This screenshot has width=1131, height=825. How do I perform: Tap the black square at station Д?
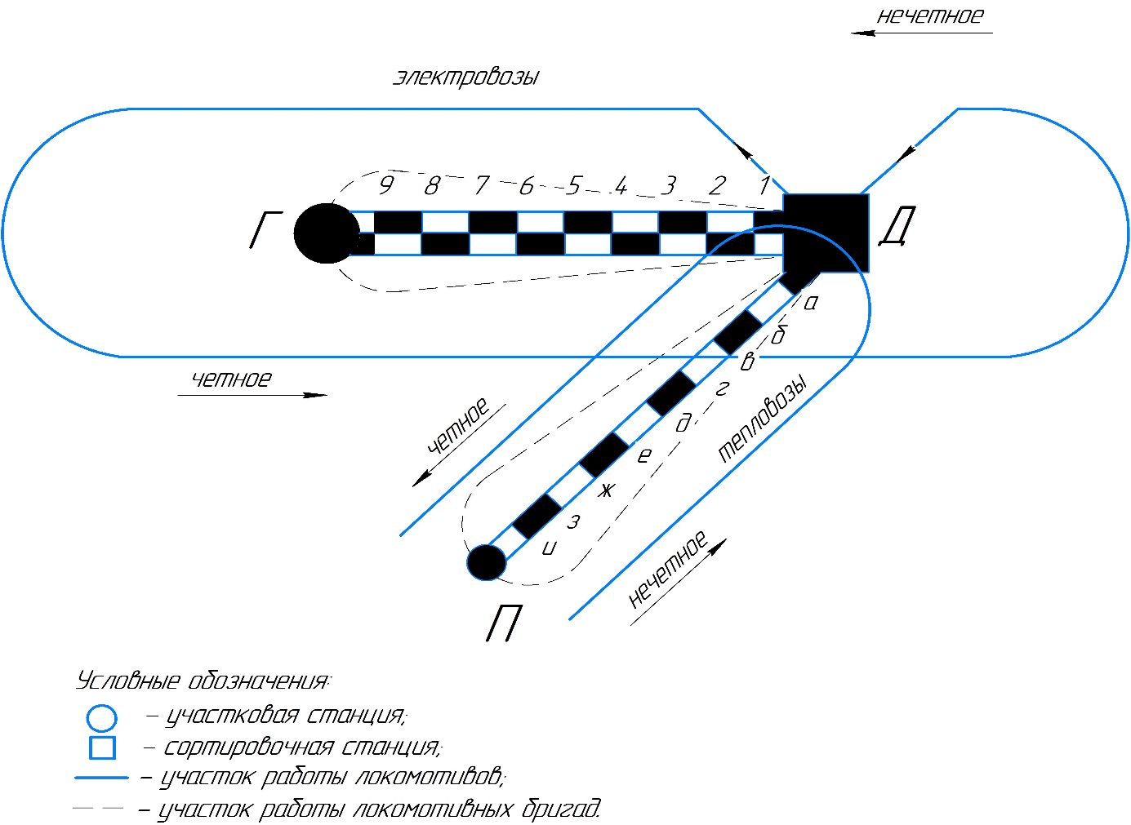point(826,233)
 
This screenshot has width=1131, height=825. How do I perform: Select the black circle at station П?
point(487,562)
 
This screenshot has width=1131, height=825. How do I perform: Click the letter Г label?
point(265,230)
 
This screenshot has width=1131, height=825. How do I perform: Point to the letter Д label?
point(897,228)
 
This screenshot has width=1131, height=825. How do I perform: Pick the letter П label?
point(504,625)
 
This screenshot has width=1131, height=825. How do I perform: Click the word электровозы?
point(466,78)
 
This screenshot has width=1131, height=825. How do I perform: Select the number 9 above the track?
point(386,184)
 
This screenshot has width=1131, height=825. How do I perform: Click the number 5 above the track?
point(574,186)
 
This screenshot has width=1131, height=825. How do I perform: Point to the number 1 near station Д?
point(764,185)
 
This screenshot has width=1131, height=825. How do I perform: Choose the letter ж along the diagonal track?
point(605,490)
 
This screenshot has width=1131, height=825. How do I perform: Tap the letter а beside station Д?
point(811,303)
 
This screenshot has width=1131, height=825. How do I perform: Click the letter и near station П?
point(549,548)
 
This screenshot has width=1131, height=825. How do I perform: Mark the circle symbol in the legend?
point(102,718)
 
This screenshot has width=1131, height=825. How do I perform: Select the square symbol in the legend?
point(102,747)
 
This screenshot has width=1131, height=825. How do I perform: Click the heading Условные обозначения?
point(203,681)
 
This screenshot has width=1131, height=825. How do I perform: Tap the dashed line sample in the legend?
point(98,808)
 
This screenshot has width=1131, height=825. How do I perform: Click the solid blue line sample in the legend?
point(101,778)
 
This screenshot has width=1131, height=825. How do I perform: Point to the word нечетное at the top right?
point(930,16)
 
